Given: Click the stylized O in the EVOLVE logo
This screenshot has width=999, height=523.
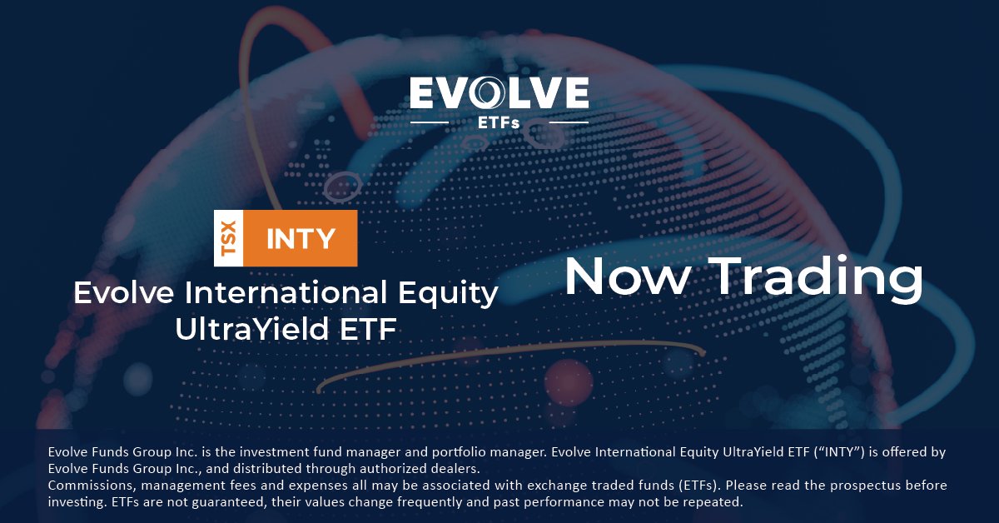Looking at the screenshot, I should point(485,93).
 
